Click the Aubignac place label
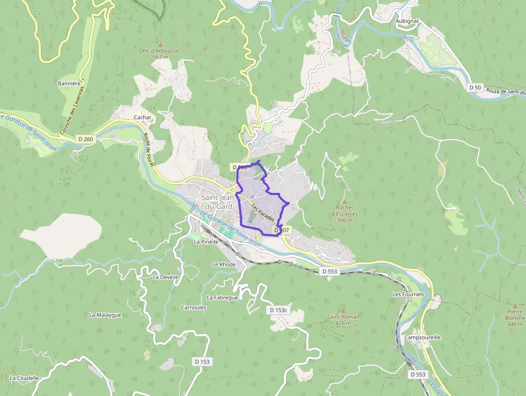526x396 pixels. (x=407, y=21)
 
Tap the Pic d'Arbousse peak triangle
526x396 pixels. (x=160, y=45)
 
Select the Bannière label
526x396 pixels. (x=69, y=83)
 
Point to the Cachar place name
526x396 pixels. (x=143, y=117)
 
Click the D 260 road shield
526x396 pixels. (x=85, y=139)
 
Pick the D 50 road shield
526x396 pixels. (x=475, y=87)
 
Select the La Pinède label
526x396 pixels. (x=206, y=242)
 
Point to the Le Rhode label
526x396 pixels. (x=224, y=264)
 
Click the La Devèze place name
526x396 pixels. (x=165, y=277)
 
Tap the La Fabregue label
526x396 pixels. (x=222, y=297)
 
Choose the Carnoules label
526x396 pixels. (x=194, y=307)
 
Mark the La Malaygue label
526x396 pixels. (x=105, y=315)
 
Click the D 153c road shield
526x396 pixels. (x=278, y=310)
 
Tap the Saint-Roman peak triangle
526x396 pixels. (x=343, y=311)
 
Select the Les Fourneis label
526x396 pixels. (x=408, y=294)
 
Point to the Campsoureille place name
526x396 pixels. (x=423, y=337)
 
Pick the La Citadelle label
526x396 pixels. (x=24, y=378)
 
